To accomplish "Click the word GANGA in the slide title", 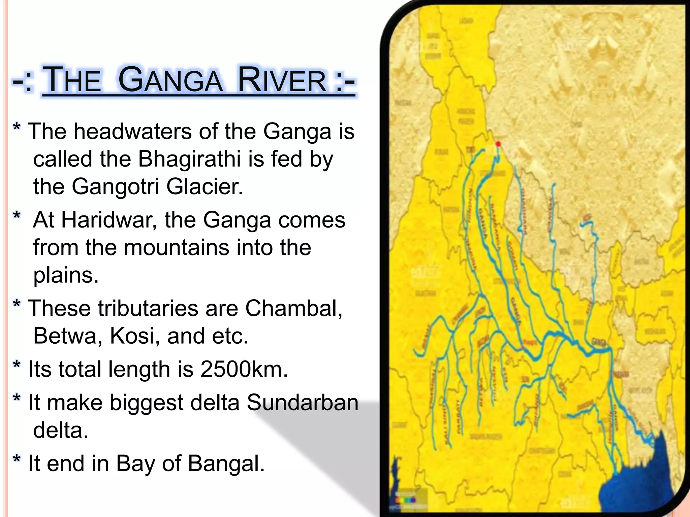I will coord(170,81).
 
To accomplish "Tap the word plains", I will coord(66,275).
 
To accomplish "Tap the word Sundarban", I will coord(302,402).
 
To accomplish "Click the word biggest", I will coord(146,403).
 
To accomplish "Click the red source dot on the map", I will coord(498,144).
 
